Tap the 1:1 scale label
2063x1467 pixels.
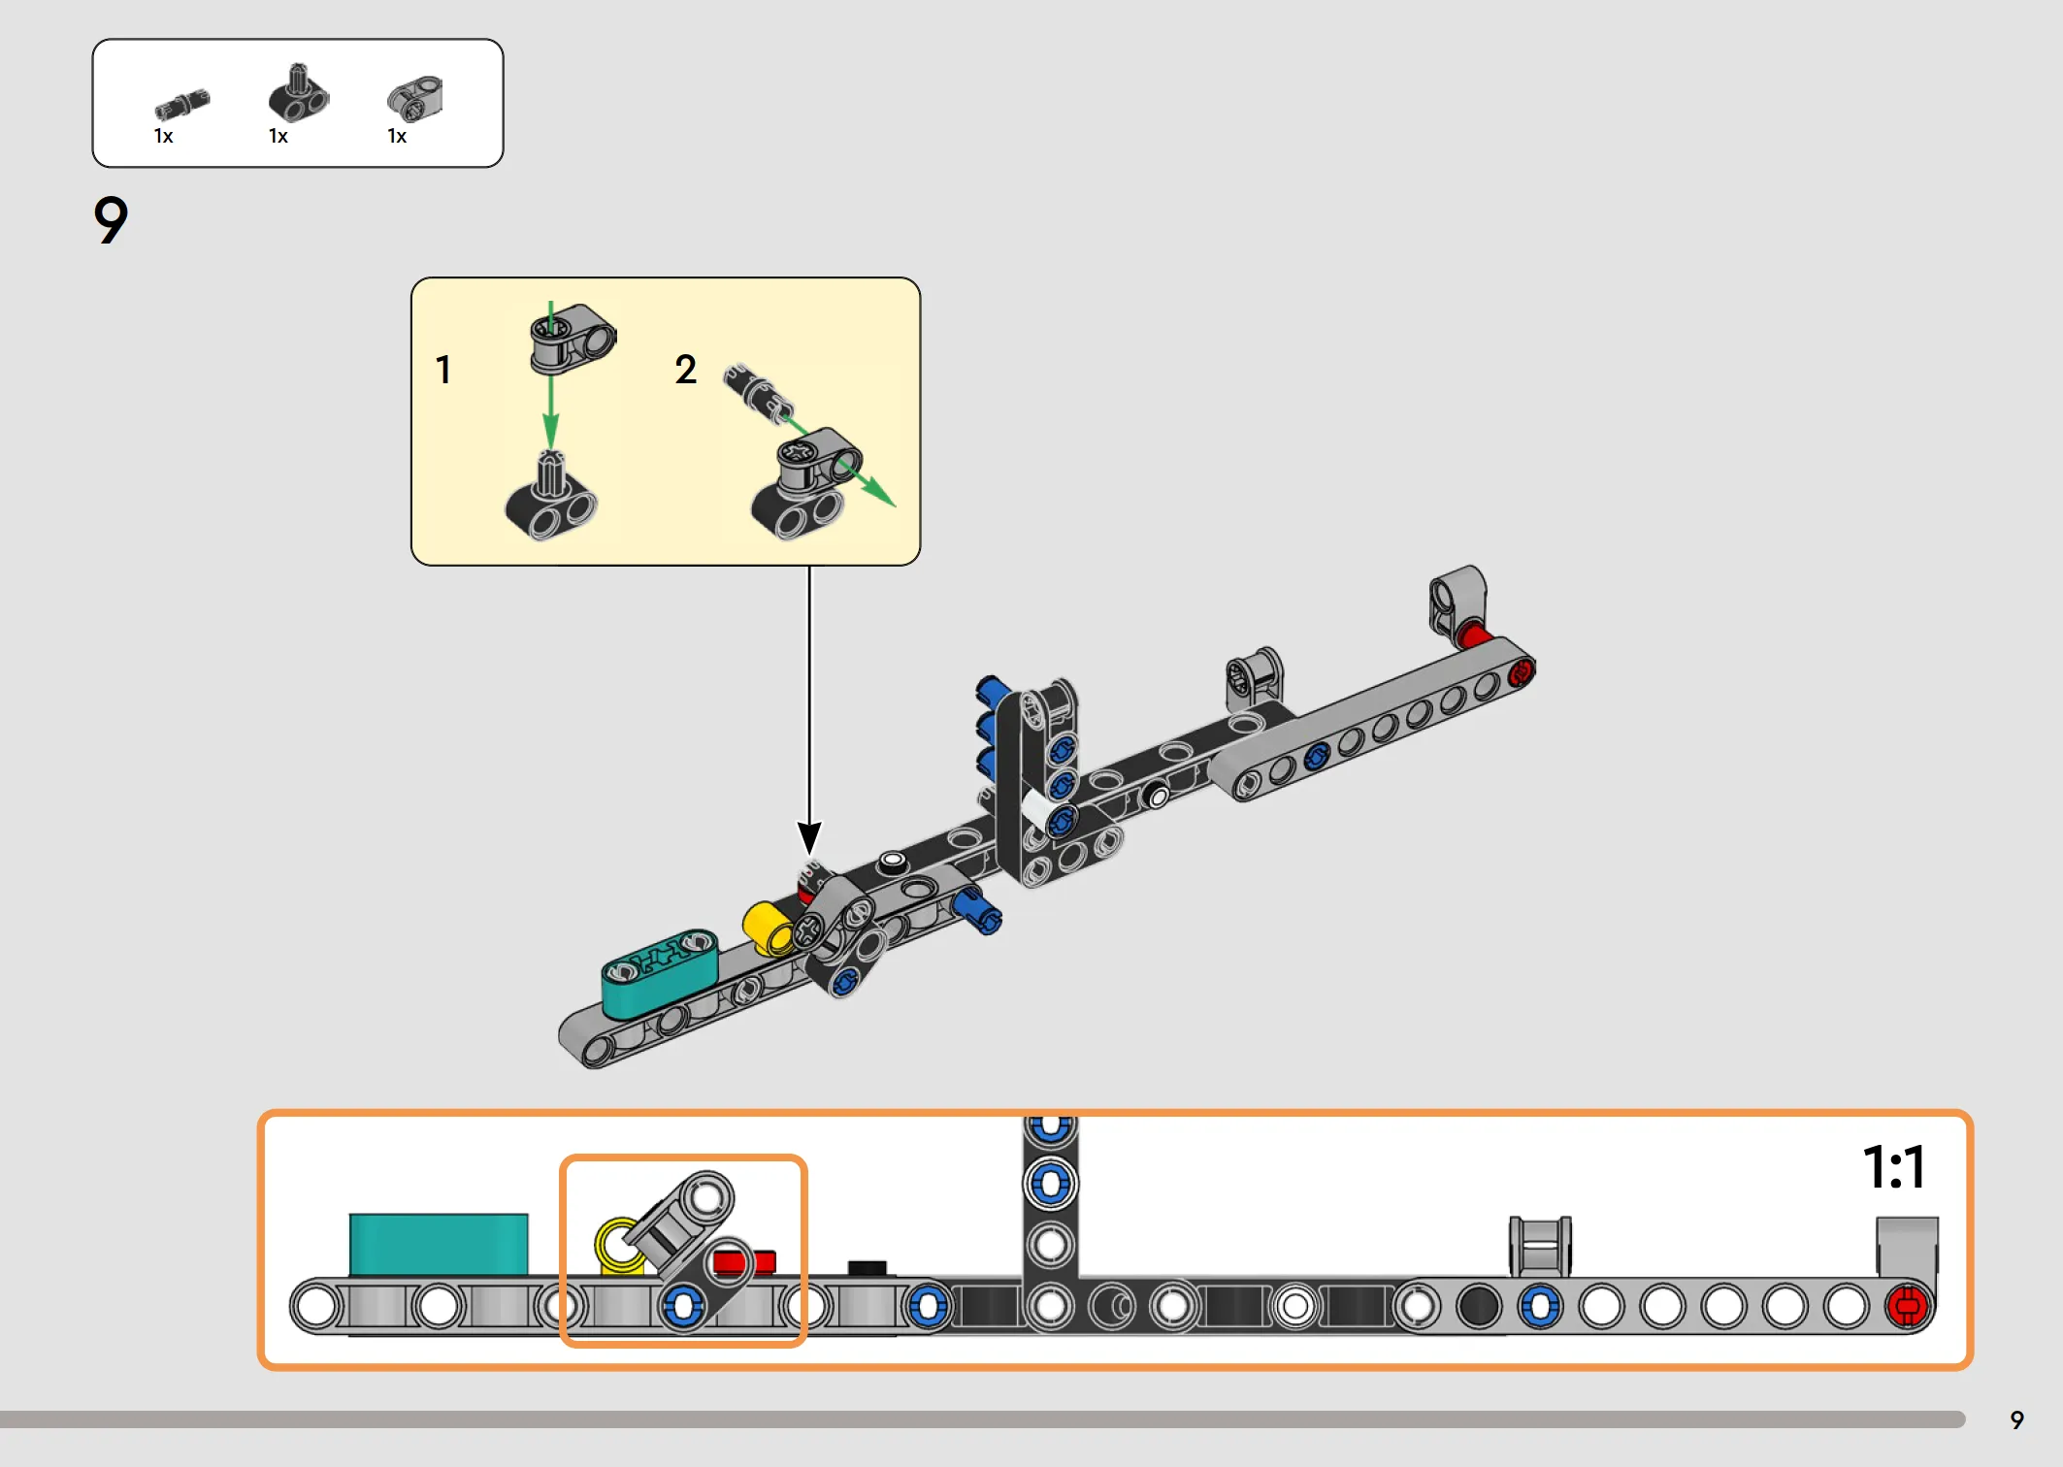[1893, 1166]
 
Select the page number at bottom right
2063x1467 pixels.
[2016, 1420]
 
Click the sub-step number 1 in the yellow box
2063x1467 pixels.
[443, 370]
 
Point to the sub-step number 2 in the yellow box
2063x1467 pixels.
[685, 370]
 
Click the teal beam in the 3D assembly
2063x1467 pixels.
[660, 972]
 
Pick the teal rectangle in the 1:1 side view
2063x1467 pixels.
[439, 1244]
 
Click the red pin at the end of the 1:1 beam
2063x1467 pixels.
[1907, 1306]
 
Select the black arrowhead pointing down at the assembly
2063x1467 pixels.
[809, 837]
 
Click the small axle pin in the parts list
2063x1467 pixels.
[181, 104]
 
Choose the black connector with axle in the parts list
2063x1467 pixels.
[298, 94]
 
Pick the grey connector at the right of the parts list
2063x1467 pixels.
[414, 99]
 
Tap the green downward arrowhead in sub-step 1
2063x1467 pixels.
[550, 430]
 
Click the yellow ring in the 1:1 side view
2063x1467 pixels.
[619, 1246]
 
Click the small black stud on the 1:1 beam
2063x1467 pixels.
[867, 1268]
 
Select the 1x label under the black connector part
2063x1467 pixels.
[278, 137]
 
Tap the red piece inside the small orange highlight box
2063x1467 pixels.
[745, 1261]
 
